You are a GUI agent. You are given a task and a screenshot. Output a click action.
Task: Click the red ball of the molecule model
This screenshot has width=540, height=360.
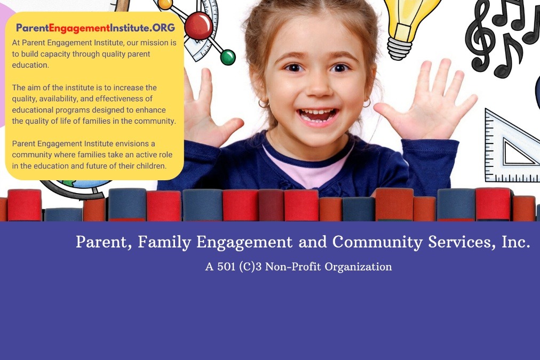click(198, 26)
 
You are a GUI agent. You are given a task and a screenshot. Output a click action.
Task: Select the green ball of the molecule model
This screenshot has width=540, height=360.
click(228, 57)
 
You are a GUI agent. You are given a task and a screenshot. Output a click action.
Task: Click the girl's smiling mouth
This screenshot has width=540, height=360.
click(317, 115)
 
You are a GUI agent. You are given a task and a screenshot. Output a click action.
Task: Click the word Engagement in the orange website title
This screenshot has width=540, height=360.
click(79, 28)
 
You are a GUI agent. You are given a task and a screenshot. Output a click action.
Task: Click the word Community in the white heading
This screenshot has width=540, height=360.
click(377, 242)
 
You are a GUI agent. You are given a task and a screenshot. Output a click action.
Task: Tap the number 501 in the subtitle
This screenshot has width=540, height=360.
click(226, 267)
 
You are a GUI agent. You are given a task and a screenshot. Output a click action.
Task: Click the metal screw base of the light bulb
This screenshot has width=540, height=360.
click(399, 48)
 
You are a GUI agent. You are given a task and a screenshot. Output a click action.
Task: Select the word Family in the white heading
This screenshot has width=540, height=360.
click(164, 242)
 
